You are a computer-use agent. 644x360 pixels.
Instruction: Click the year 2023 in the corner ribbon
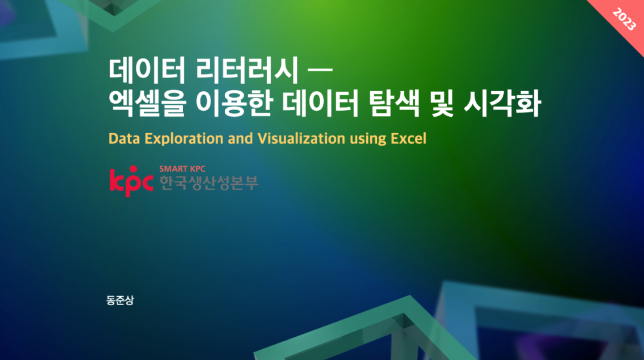point(624,22)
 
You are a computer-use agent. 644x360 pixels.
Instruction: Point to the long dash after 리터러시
point(318,71)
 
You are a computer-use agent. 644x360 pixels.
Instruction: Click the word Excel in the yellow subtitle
point(408,138)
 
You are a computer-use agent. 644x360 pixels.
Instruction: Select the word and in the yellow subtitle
point(241,138)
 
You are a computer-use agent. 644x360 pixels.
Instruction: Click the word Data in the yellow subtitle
point(122,138)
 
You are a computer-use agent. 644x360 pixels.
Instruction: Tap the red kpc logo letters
point(131,181)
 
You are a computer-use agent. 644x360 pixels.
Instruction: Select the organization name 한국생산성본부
point(209,182)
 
